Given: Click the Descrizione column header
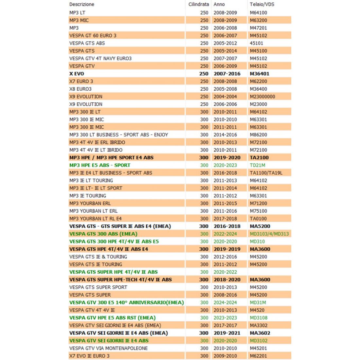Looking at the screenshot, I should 81,5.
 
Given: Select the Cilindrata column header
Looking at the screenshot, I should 198,5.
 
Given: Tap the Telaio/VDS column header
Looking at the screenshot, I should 262,5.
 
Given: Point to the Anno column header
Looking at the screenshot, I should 219,5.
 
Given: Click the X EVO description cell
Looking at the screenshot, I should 77,74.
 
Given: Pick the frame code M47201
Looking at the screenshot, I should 258,28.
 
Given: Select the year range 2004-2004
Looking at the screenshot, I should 225,97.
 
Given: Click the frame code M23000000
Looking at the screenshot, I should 262,97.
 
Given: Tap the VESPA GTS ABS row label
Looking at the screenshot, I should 87,43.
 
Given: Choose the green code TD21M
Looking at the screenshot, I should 257,165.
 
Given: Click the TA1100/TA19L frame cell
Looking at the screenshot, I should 266,173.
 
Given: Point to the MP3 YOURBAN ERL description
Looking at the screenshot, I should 90,203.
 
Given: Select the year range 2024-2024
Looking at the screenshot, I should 225,303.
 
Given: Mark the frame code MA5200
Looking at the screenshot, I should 260,226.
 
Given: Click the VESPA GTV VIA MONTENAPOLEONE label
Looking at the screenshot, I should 108,348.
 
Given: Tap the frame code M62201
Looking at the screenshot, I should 258,356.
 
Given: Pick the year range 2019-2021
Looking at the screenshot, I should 227,333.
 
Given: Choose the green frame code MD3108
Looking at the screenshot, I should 258,318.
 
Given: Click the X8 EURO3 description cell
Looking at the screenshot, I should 80,89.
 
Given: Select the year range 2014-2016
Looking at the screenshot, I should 225,135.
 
